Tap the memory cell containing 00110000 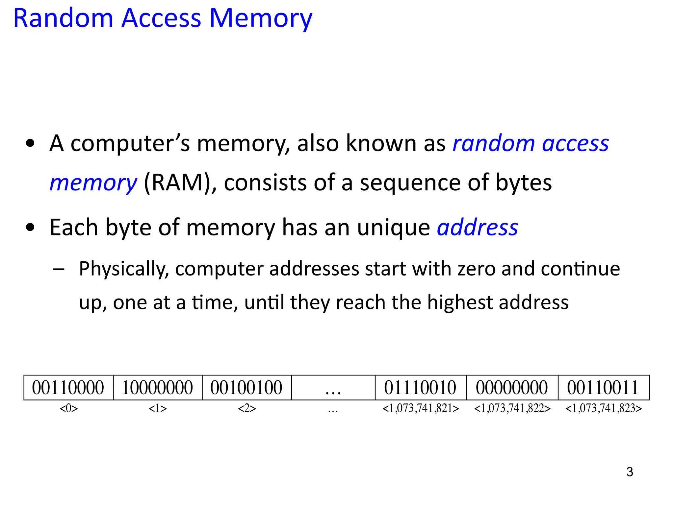pos(68,388)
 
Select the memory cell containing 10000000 pos(158,388)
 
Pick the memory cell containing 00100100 pos(246,388)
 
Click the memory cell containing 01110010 pos(420,388)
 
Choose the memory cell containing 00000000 pos(512,388)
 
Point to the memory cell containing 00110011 pos(603,388)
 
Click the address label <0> pos(69,408)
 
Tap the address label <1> pos(158,408)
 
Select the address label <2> pos(247,408)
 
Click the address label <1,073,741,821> pos(421,408)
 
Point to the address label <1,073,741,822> pos(512,408)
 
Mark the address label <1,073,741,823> pos(604,408)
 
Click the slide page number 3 pos(630,472)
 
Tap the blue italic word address pos(477,228)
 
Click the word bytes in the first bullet pos(524,183)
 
